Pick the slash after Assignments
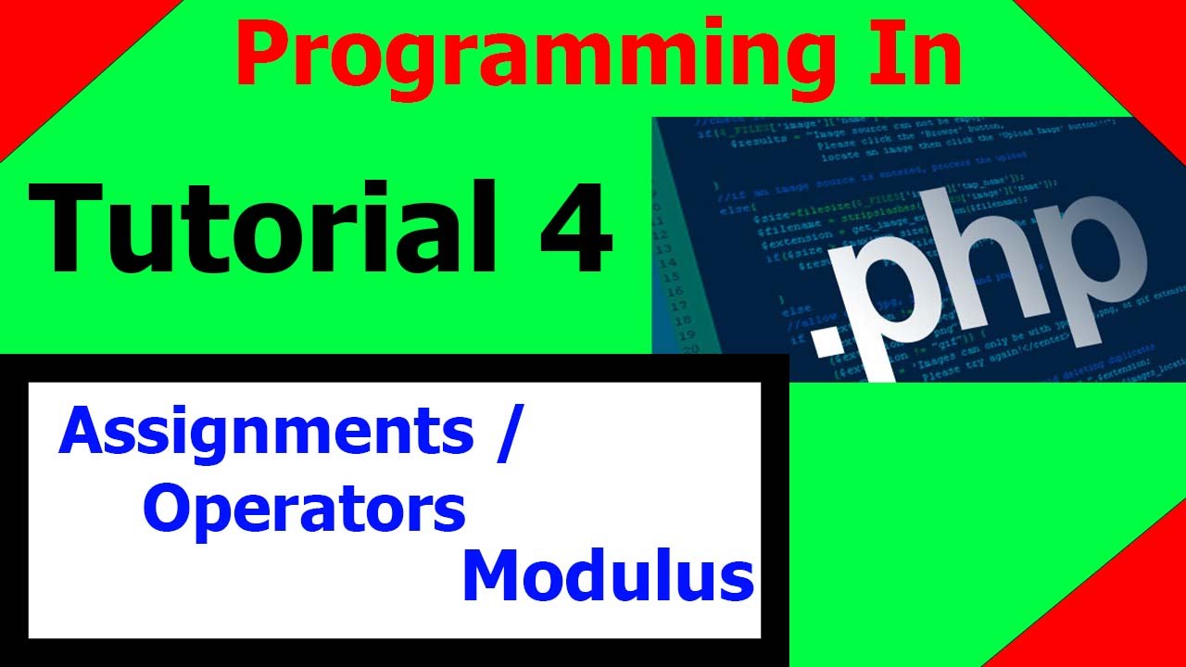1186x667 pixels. tap(503, 434)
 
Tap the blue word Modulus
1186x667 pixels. tap(608, 576)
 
